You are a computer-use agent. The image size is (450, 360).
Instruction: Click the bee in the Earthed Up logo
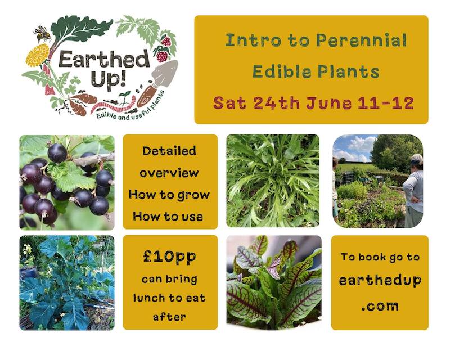(43, 34)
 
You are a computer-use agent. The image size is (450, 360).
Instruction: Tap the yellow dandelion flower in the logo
(38, 55)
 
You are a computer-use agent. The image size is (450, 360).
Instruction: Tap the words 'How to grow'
(170, 195)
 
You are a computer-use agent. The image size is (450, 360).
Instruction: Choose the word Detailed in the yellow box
(169, 151)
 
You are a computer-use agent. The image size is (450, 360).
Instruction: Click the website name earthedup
(380, 281)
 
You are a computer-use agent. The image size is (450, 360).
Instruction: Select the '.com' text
(380, 306)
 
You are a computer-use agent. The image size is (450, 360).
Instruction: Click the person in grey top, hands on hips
(415, 191)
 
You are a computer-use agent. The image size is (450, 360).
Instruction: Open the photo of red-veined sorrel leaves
(273, 282)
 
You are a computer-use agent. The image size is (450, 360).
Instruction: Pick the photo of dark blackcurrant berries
(66, 182)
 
